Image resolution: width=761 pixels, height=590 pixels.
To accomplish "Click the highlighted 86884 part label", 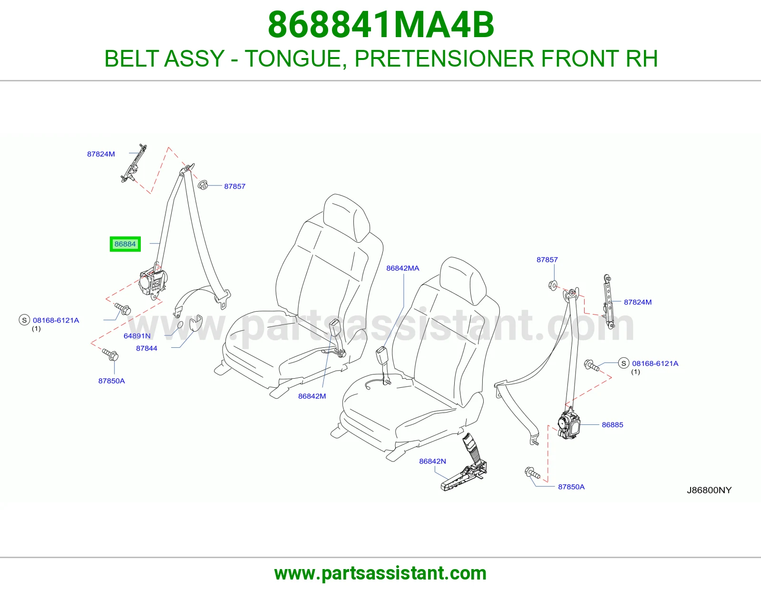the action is click(x=125, y=244).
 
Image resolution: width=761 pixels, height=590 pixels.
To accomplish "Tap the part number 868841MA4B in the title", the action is click(x=381, y=25).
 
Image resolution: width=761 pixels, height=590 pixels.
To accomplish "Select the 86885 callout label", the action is click(x=613, y=424).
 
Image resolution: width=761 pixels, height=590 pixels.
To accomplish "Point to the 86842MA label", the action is click(x=403, y=268).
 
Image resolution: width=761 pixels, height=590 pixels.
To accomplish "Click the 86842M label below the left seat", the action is click(x=312, y=396).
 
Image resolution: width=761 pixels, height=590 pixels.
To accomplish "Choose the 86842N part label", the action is click(x=432, y=461).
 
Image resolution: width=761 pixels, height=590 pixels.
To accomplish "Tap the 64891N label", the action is click(x=137, y=335).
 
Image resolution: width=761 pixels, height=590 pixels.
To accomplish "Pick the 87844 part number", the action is click(x=147, y=348).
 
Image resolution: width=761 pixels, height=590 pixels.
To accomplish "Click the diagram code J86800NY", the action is click(x=709, y=490).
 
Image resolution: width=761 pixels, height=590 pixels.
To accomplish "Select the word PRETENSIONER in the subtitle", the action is click(x=444, y=59).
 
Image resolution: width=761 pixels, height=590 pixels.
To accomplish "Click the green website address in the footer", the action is click(x=380, y=573).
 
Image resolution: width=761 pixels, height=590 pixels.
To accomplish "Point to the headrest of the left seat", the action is click(x=346, y=217).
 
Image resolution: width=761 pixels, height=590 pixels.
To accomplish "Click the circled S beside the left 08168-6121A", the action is click(x=24, y=320).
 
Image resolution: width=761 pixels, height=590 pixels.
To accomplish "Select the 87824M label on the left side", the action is click(x=101, y=154).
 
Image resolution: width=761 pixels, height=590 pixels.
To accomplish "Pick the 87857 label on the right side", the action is click(x=547, y=260).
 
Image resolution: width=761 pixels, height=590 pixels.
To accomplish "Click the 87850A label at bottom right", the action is click(x=571, y=487).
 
